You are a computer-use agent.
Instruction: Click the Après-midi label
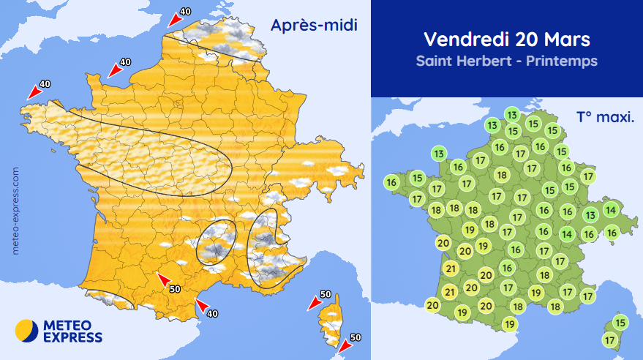(313, 26)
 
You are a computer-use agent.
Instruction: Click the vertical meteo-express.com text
(16, 209)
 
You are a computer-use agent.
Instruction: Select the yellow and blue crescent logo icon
(26, 331)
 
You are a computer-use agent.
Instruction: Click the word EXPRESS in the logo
(72, 337)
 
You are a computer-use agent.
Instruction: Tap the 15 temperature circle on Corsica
(620, 323)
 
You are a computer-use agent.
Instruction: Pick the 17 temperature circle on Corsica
(610, 340)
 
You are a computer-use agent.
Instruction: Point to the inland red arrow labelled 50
(165, 280)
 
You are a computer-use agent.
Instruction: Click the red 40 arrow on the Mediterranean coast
(202, 305)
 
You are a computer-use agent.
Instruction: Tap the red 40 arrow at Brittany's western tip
(34, 91)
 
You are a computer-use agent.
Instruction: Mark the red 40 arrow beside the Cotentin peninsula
(114, 70)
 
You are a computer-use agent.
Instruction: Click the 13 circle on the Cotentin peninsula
(439, 154)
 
